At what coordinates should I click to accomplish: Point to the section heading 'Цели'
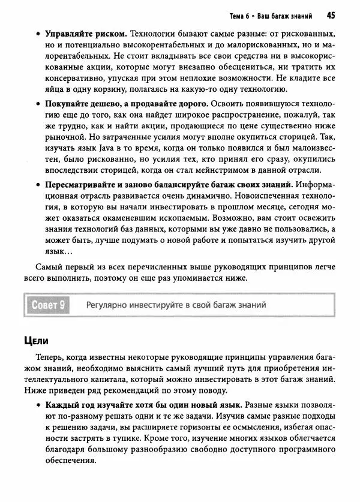click(35, 341)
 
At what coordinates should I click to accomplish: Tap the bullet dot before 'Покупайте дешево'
click(38, 104)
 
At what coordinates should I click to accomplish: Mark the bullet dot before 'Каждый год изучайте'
click(38, 408)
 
